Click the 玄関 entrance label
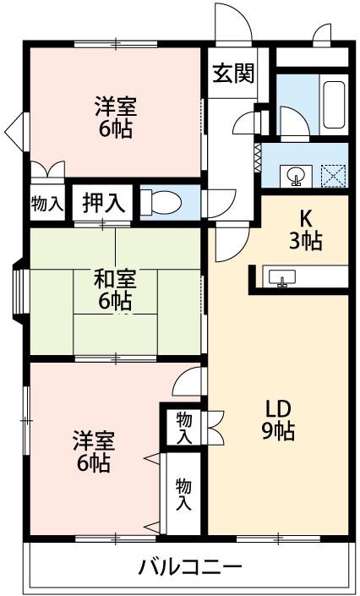[233, 73]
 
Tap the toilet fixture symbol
[161, 202]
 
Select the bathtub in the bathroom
[334, 105]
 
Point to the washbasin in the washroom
[297, 177]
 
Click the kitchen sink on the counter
[282, 277]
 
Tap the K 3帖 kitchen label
[305, 230]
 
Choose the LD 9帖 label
[278, 420]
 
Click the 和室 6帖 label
[115, 290]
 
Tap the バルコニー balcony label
[190, 568]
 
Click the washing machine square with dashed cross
[334, 176]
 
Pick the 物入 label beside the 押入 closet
[47, 204]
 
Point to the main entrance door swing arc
[233, 21]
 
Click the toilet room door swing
[221, 204]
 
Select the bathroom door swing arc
[295, 121]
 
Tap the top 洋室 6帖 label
[116, 117]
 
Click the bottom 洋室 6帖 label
[94, 451]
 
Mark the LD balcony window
[278, 539]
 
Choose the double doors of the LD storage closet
[214, 427]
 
